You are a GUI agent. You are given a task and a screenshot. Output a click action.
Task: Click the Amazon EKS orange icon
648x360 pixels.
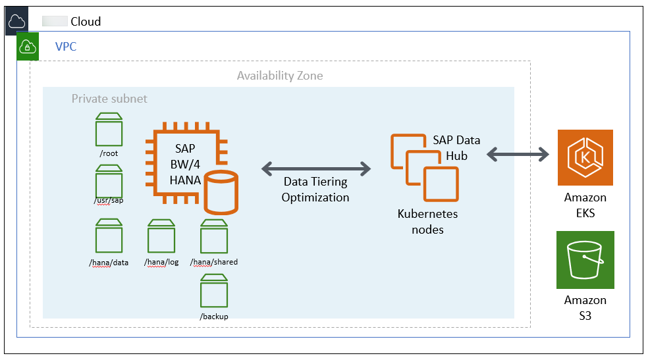pyautogui.click(x=585, y=157)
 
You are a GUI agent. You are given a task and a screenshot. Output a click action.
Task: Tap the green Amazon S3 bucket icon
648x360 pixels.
pyautogui.click(x=585, y=259)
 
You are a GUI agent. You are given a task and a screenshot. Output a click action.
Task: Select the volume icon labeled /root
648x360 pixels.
pyautogui.click(x=109, y=128)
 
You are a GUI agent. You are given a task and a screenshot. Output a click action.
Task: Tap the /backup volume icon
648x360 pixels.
pyautogui.click(x=214, y=292)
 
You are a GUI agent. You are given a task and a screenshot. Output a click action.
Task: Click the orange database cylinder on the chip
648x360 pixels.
pyautogui.click(x=221, y=192)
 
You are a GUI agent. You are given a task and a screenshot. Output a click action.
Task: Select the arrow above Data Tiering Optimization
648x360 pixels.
pyautogui.click(x=316, y=169)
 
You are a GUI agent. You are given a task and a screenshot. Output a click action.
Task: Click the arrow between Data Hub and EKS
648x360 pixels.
pyautogui.click(x=518, y=155)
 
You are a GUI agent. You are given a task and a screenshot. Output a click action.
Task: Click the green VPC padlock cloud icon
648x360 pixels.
pyautogui.click(x=28, y=46)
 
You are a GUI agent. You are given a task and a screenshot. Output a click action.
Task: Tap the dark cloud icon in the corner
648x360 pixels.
pyautogui.click(x=16, y=21)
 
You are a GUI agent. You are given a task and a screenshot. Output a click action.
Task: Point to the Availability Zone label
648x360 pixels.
pyautogui.click(x=280, y=76)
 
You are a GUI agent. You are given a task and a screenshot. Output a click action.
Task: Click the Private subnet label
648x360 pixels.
pyautogui.click(x=109, y=99)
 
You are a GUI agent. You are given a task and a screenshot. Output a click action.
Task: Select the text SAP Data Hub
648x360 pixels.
pyautogui.click(x=456, y=147)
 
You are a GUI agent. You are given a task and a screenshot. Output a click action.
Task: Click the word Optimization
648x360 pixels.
pyautogui.click(x=315, y=197)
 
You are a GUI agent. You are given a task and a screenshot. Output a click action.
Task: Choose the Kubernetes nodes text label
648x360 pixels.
pyautogui.click(x=427, y=222)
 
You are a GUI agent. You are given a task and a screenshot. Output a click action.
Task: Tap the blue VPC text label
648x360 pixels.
pyautogui.click(x=67, y=47)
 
